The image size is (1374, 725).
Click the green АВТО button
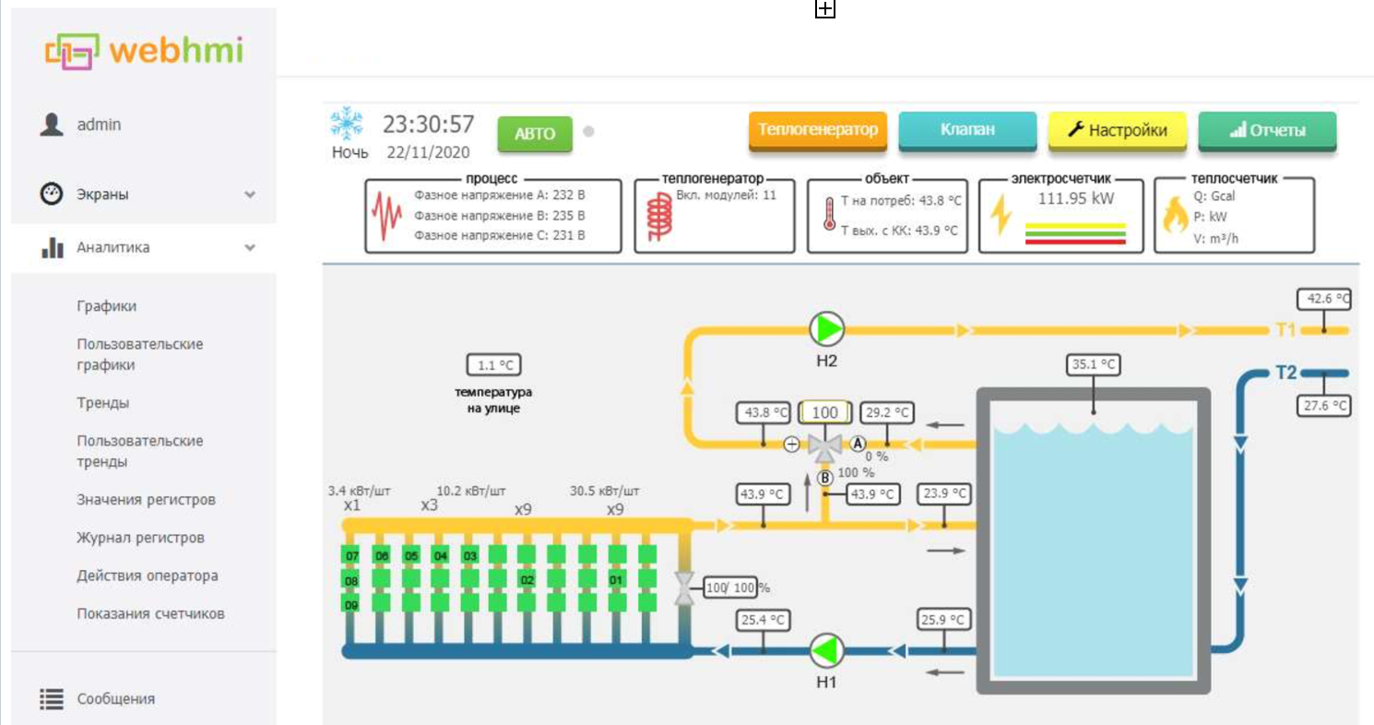pyautogui.click(x=535, y=133)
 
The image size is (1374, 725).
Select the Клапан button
pyautogui.click(x=967, y=130)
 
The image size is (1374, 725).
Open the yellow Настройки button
pyautogui.click(x=1117, y=130)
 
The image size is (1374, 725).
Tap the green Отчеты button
pyautogui.click(x=1267, y=130)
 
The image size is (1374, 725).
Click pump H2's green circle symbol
pyautogui.click(x=826, y=329)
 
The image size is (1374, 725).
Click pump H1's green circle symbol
pyautogui.click(x=826, y=650)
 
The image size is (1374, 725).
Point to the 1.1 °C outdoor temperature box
pyautogui.click(x=493, y=365)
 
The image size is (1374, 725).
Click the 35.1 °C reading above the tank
pyautogui.click(x=1093, y=364)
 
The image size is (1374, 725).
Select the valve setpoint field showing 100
pyautogui.click(x=825, y=412)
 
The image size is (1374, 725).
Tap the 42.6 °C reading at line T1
pyautogui.click(x=1324, y=299)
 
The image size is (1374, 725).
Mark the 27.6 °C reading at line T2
pyautogui.click(x=1324, y=406)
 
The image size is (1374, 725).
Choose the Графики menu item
pyautogui.click(x=107, y=305)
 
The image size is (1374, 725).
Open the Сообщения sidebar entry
pyautogui.click(x=116, y=698)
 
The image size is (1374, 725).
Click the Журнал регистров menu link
pyautogui.click(x=140, y=538)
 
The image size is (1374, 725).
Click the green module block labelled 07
pyautogui.click(x=351, y=555)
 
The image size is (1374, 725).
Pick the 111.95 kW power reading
pyautogui.click(x=1076, y=198)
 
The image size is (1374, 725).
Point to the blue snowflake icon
pyautogui.click(x=347, y=124)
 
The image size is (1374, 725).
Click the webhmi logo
pyautogui.click(x=145, y=51)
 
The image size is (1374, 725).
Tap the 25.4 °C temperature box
pyautogui.click(x=763, y=620)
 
